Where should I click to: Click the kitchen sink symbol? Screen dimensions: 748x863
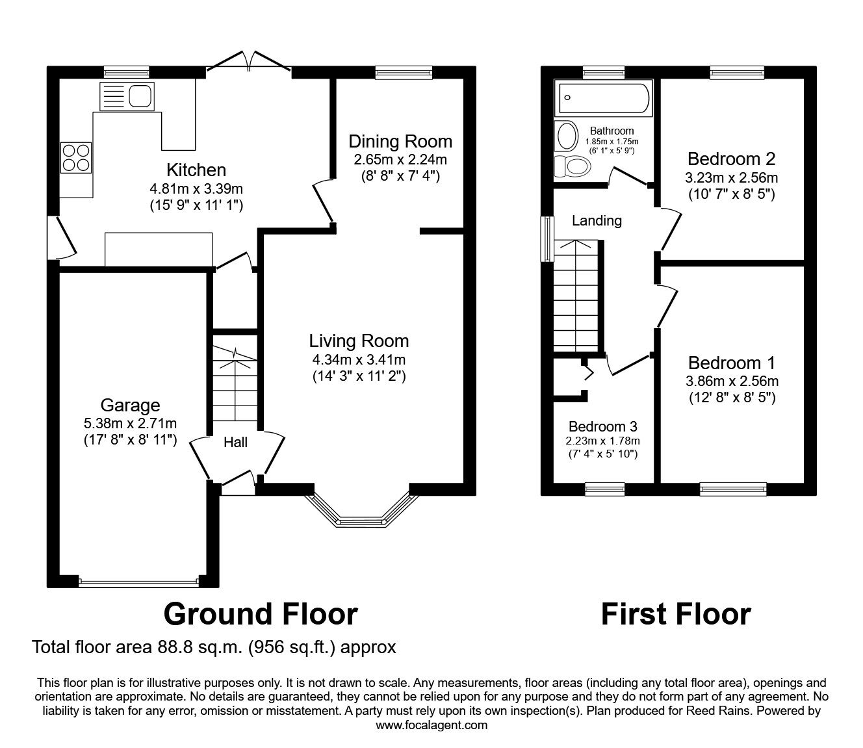[127, 97]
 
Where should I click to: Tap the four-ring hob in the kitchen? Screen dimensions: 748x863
[75, 157]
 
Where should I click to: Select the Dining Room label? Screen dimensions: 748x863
[400, 141]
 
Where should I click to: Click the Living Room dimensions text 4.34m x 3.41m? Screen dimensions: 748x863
[359, 359]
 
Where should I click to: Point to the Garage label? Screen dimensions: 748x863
[130, 406]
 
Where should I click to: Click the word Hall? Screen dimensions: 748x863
[235, 443]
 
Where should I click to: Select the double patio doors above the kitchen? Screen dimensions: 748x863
[249, 61]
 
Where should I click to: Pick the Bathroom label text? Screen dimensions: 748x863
[612, 131]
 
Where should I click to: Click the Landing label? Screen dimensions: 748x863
[597, 221]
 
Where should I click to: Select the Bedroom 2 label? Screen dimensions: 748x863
[731, 159]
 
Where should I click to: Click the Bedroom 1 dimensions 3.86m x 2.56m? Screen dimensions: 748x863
[732, 381]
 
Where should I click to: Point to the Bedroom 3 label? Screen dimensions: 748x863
[602, 427]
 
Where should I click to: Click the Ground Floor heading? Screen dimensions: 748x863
[261, 613]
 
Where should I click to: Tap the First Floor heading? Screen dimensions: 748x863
[675, 613]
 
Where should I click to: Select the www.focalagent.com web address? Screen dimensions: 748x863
[431, 725]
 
